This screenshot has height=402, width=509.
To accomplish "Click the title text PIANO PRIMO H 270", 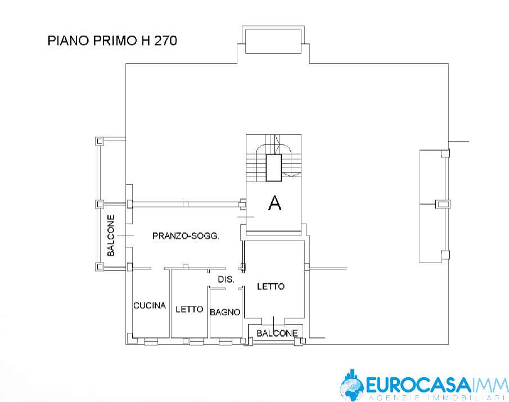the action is [x=112, y=41].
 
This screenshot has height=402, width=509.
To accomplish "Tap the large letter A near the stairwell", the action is [x=275, y=203].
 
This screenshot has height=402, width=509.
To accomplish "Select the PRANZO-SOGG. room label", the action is [x=186, y=236].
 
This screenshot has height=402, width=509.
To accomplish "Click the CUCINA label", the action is [x=150, y=305].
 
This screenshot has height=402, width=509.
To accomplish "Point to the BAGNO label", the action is [x=225, y=312].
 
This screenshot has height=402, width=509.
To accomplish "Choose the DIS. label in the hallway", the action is [x=226, y=279].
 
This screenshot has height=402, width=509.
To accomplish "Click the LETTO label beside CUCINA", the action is [x=189, y=309].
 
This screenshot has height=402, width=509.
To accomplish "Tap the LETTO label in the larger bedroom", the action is [x=271, y=286].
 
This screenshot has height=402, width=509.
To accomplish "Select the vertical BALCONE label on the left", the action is [x=111, y=235].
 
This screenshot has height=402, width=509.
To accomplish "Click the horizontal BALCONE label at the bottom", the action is [x=277, y=333].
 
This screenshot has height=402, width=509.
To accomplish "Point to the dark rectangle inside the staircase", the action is [x=274, y=168].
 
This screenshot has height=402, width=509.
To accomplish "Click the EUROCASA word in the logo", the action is [x=418, y=385].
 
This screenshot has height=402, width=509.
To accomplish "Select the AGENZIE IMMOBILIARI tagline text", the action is [x=438, y=399].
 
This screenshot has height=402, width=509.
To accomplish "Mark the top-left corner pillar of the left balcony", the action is [x=100, y=141].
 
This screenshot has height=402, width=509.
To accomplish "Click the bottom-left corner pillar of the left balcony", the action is [x=100, y=267].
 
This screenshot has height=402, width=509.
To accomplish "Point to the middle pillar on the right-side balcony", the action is [x=443, y=204].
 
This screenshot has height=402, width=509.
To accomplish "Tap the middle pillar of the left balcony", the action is [x=100, y=204].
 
